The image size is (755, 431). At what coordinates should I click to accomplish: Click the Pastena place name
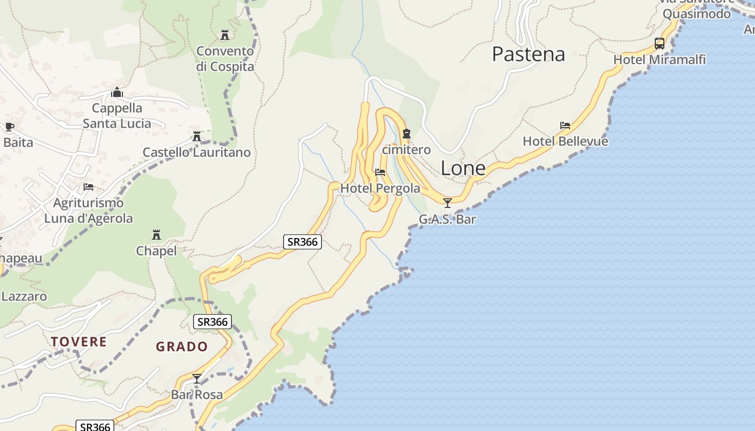pos(528,54)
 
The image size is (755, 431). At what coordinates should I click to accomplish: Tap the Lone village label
pos(463,169)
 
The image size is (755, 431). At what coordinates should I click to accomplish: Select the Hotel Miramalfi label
pos(660,60)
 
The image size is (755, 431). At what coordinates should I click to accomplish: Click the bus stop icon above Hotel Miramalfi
pos(659,43)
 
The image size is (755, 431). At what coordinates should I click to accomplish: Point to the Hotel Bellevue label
pos(565,141)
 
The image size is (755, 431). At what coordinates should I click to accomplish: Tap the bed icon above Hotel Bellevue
pos(565,126)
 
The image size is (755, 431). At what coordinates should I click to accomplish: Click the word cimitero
pos(406,150)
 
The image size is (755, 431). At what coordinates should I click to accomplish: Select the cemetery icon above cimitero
pos(407,134)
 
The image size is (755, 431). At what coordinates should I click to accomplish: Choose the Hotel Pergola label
pos(380,189)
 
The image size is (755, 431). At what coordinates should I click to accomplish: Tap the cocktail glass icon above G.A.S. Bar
pos(447,203)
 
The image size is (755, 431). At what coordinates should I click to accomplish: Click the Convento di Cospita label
pos(225,59)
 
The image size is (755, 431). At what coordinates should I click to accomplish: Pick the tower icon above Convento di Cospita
pos(225,35)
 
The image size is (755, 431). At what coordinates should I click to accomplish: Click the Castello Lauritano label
pos(196,152)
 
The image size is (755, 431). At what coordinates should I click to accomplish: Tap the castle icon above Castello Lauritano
pos(197,136)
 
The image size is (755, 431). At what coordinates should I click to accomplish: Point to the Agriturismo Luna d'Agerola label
pos(88,211)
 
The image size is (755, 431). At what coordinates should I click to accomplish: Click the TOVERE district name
pos(79,342)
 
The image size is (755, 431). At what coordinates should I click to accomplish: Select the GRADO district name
pos(182,346)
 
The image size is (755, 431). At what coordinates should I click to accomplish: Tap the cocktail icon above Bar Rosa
pos(197,379)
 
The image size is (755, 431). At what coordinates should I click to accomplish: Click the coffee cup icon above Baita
pos(9,127)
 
